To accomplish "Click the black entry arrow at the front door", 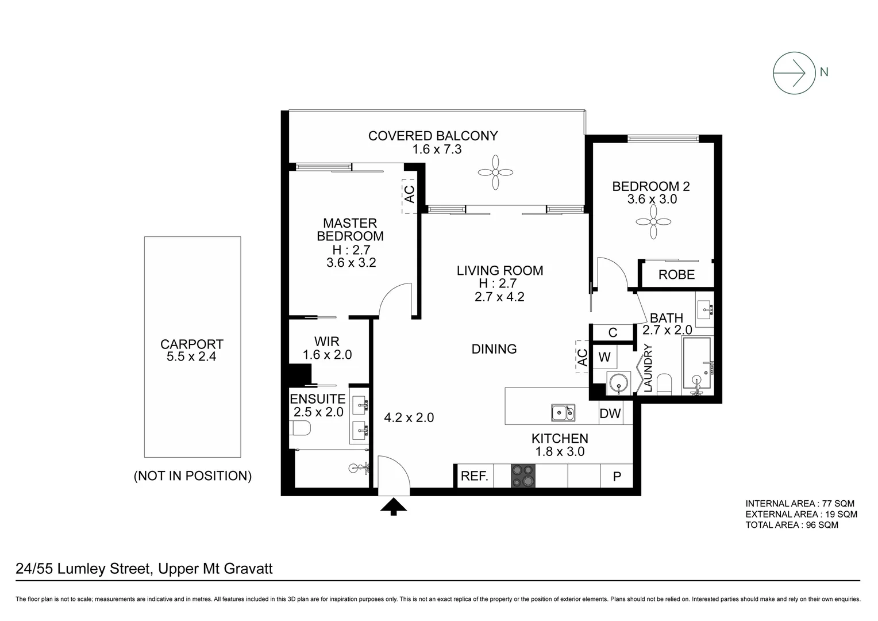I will pos(394,507).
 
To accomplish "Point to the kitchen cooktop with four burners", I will pos(522,476).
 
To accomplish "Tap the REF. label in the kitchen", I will pos(475,476).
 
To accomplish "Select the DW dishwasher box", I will pos(610,413).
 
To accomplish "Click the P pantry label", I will pos(617,477).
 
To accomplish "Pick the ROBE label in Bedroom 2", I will pos(676,275).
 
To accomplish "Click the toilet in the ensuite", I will pos(301,428).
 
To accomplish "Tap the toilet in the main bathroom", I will pos(664,384).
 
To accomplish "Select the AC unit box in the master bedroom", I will pos(409,194).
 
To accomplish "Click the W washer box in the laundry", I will pos(604,357).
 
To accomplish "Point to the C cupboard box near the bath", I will pos(613,332).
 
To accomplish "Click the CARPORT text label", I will pos(191,344).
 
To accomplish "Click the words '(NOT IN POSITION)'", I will pos(192,476).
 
